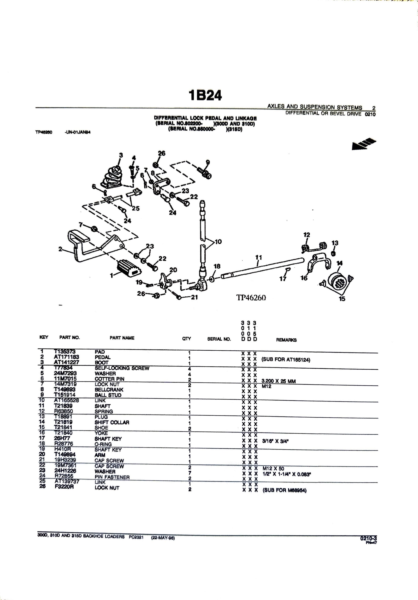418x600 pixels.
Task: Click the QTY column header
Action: coord(186,339)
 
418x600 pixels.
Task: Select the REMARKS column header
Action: coord(286,340)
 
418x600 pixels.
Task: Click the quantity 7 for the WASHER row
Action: coord(190,473)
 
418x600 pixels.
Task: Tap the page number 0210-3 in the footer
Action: coord(368,538)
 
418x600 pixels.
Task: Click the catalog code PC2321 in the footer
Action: coord(136,537)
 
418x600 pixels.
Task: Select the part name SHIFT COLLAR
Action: coord(112,422)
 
